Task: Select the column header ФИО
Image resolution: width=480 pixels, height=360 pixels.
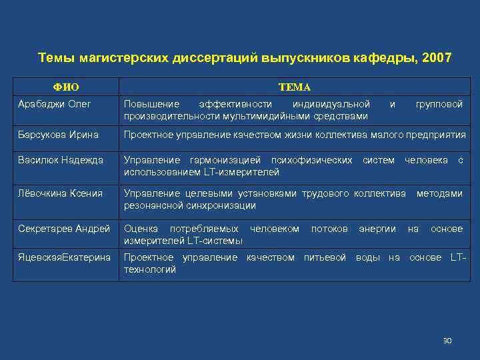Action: (66, 87)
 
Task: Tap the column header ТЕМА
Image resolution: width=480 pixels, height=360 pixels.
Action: (294, 87)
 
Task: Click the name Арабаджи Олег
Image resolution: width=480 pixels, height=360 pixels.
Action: (55, 105)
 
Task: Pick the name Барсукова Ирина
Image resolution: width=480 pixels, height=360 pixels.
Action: (59, 135)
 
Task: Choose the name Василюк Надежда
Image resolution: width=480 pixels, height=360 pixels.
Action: (61, 161)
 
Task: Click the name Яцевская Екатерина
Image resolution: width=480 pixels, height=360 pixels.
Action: (64, 257)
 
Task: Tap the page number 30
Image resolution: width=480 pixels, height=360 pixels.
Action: (447, 341)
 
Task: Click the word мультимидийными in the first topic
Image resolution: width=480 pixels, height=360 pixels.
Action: (257, 117)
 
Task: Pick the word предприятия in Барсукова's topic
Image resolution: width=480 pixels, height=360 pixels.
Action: (436, 135)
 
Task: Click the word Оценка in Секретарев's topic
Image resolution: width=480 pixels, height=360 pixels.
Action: (141, 229)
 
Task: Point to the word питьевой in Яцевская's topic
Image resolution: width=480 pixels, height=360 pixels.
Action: (325, 257)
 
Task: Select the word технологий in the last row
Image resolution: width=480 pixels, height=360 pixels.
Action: (150, 269)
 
